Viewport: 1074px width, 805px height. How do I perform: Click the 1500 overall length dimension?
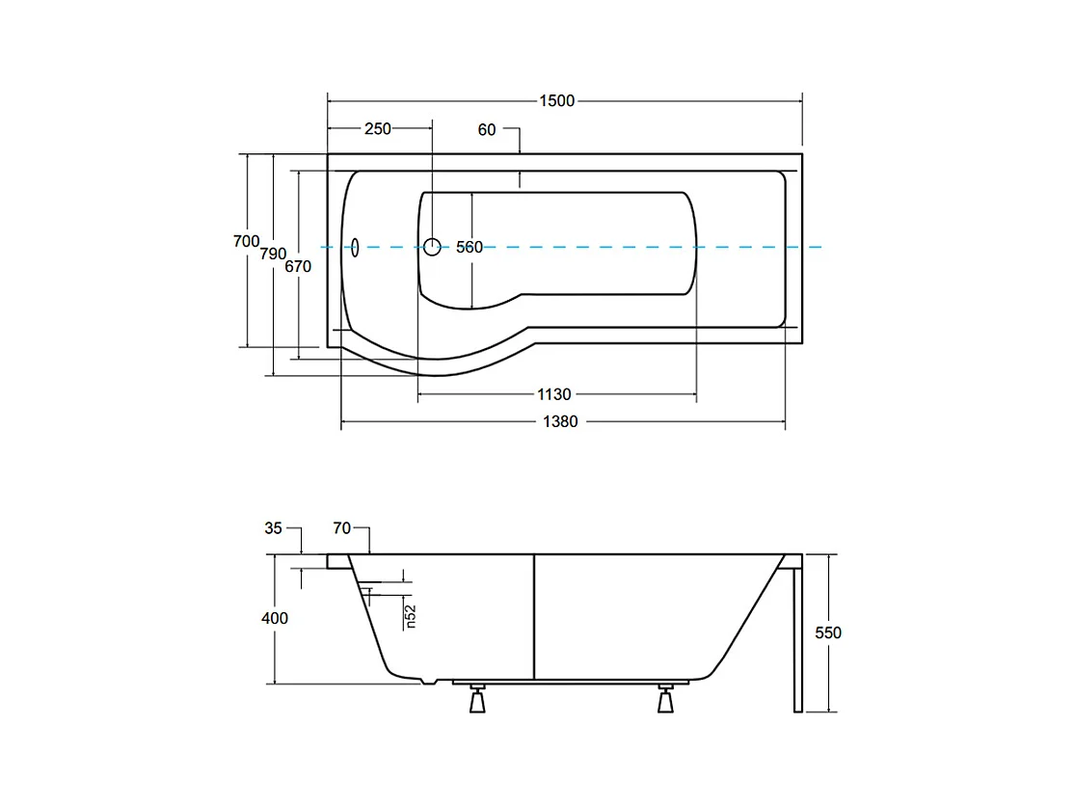coord(557,100)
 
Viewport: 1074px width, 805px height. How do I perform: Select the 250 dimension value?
coord(377,129)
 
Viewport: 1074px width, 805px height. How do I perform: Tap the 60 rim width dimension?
coord(487,129)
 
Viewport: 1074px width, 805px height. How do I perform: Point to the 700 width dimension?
coord(247,241)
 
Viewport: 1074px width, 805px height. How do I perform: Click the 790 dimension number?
coord(273,254)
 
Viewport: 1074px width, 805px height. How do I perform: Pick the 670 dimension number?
coord(298,266)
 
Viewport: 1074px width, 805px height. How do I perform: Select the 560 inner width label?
coord(470,247)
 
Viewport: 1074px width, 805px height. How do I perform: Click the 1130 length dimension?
coord(554,394)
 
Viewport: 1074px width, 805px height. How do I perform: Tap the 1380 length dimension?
coord(560,422)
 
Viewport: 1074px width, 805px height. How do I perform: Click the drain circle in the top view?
coord(432,247)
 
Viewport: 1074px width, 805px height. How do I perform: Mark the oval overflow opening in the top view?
coord(355,247)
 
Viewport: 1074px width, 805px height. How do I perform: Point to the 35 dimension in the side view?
coord(273,528)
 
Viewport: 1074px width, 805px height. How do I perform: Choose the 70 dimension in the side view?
coord(342,528)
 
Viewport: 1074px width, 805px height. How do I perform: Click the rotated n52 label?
coord(411,616)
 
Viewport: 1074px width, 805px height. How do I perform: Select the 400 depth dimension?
coord(275,618)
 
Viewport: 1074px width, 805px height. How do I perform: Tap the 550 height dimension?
coord(828,632)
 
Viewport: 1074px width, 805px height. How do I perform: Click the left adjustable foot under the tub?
coord(477,698)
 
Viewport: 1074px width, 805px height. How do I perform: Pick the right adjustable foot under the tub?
coord(665,698)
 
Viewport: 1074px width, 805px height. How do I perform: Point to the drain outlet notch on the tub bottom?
coord(428,682)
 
